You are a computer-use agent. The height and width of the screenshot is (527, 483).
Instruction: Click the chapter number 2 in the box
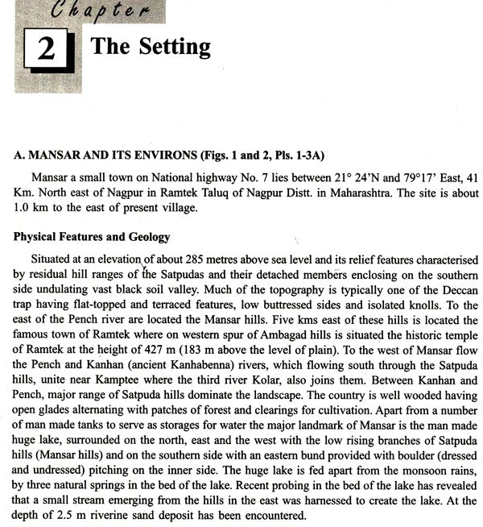click(x=45, y=51)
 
